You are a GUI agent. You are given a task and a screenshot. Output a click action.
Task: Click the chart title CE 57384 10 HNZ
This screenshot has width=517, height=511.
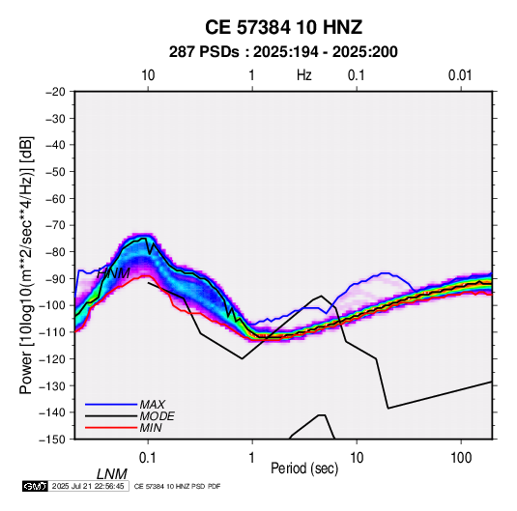283,27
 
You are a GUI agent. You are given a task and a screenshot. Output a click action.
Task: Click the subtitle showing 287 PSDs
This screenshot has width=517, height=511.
283,52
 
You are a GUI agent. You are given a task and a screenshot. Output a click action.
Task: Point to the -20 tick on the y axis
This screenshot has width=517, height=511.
55,92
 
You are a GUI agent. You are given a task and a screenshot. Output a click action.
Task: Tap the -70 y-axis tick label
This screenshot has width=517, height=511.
55,225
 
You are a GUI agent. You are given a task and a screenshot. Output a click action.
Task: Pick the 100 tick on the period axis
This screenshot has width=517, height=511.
461,458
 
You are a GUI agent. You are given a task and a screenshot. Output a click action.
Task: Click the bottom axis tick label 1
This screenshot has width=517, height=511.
252,458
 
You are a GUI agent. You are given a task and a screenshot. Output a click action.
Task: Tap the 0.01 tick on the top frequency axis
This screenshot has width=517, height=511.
460,75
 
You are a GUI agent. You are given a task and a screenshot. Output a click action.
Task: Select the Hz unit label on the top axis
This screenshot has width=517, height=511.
304,75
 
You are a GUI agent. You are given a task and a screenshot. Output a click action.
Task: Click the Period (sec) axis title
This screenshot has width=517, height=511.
304,468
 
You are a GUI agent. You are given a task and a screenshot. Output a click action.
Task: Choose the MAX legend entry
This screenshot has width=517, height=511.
153,405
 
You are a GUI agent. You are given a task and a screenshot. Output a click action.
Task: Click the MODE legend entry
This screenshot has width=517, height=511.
157,416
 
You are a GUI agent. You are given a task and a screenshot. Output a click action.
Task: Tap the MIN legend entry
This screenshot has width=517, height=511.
151,428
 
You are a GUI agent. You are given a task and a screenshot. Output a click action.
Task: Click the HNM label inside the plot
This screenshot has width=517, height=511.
113,273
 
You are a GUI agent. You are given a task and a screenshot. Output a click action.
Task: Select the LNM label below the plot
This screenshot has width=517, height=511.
112,474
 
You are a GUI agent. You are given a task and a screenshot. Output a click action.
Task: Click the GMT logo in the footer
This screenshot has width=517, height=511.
35,486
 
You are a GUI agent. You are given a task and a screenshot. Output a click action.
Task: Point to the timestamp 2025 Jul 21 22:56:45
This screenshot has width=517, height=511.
88,486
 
